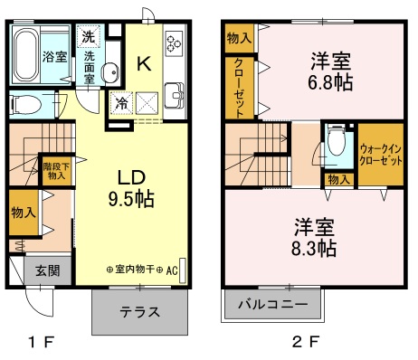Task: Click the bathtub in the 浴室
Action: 26,55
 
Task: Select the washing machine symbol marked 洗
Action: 89,37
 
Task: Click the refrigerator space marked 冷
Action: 122,103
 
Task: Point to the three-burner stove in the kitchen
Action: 175,43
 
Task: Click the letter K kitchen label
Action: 144,63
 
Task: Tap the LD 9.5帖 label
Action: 131,188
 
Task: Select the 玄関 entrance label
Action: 48,270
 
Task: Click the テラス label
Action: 140,311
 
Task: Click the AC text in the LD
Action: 172,270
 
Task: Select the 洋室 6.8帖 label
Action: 330,71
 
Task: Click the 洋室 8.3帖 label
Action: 314,238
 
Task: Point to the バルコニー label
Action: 273,304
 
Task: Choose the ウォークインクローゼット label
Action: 381,155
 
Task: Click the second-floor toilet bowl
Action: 337,140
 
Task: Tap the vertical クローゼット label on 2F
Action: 239,88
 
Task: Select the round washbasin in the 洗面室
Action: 109,72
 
